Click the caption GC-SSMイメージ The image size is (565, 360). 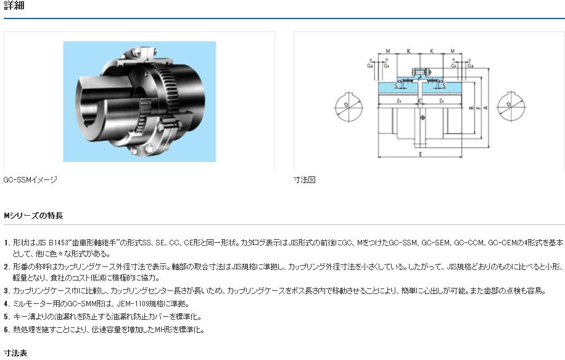(x=30, y=180)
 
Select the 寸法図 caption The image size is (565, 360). (x=304, y=180)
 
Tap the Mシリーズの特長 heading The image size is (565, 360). (x=33, y=216)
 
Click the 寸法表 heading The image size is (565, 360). (x=15, y=353)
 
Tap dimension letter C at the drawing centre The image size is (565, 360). (x=420, y=100)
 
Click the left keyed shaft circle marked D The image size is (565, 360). (x=348, y=108)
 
